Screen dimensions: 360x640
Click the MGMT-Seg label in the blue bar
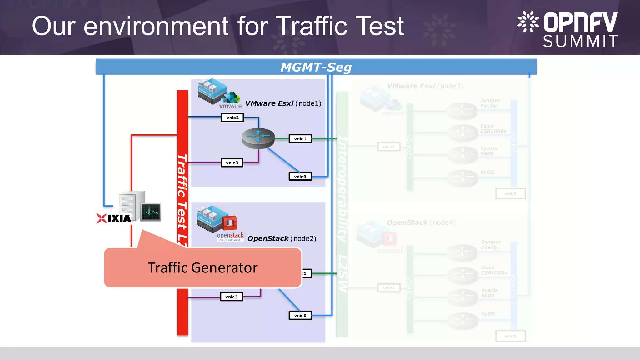click(x=316, y=67)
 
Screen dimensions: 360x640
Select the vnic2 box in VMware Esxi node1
click(x=232, y=117)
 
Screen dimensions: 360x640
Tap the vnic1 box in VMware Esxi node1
click(x=300, y=139)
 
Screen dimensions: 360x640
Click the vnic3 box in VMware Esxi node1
click(x=232, y=163)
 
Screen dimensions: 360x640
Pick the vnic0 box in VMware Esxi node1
click(x=300, y=177)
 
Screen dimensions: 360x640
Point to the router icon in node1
click(x=258, y=138)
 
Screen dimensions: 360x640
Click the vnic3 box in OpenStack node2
click(x=231, y=297)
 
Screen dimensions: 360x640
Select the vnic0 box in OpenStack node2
click(x=300, y=315)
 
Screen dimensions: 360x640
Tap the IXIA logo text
click(x=119, y=218)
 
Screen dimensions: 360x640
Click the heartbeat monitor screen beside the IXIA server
click(x=151, y=212)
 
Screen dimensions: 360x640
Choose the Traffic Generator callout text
click(x=202, y=268)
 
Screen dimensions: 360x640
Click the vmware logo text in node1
click(x=231, y=106)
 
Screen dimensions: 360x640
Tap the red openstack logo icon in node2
click(x=230, y=223)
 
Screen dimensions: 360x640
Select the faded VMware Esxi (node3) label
click(x=425, y=86)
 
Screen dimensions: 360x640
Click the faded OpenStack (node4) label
click(x=421, y=223)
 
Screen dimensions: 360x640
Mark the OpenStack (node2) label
click(x=282, y=239)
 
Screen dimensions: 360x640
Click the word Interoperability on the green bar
click(x=343, y=189)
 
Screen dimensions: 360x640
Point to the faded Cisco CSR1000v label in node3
click(x=493, y=128)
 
